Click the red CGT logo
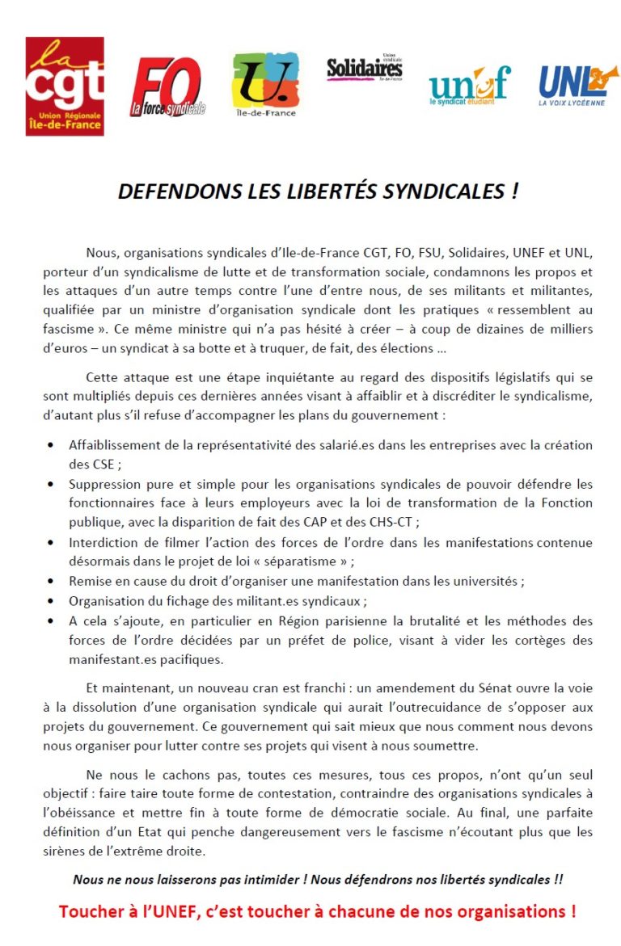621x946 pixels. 65,86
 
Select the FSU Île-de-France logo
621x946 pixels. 265,84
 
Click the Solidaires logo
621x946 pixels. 364,69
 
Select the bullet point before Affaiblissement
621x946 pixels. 51,445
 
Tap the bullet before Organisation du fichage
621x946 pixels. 51,601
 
